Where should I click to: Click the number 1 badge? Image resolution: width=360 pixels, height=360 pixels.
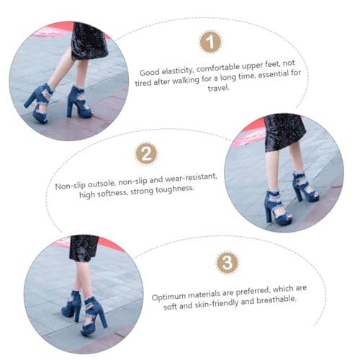point(210,44)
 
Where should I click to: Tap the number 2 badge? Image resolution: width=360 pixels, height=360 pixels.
point(146,155)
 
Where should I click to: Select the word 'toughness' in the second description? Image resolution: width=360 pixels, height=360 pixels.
point(178,188)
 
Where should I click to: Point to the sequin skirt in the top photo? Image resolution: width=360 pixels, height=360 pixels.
point(89,40)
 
